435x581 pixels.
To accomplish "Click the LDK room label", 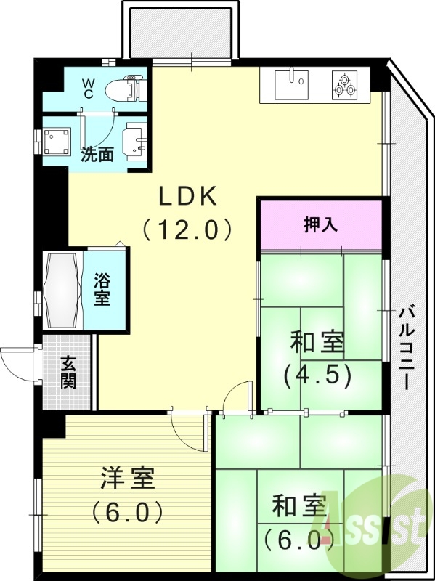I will (x=187, y=195).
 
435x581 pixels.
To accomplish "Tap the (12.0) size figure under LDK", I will (x=187, y=229).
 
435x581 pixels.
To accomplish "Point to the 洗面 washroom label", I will (x=97, y=154).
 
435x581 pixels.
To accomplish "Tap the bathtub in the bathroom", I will (x=63, y=290).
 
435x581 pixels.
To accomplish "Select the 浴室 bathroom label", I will (x=102, y=289).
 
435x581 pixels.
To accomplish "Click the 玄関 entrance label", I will (x=68, y=372).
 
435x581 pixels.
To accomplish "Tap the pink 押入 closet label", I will (x=320, y=225).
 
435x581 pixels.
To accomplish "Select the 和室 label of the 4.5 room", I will (x=317, y=341).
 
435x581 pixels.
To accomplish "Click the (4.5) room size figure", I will (x=317, y=374).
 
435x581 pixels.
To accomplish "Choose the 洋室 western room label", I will (x=127, y=479).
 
